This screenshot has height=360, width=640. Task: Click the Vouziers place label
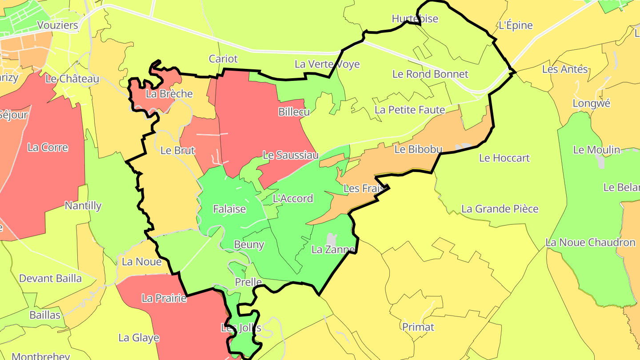58,25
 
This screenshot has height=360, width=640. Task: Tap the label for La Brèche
169,94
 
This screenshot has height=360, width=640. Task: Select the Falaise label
229,209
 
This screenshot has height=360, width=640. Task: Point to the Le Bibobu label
418,149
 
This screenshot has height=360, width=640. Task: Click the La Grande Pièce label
500,209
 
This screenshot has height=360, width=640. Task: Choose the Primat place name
418,327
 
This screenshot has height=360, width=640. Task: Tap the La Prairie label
164,298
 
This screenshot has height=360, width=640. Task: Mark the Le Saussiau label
291,155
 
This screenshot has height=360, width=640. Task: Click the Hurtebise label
415,19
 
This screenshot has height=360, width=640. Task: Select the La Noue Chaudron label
590,243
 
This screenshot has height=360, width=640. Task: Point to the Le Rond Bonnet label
430,74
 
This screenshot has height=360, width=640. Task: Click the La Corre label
48,148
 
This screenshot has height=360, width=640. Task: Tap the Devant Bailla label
50,279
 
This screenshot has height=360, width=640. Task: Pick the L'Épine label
516,25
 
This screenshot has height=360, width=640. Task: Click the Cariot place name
223,59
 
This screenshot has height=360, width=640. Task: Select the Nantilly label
83,206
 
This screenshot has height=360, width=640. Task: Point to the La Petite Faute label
409,109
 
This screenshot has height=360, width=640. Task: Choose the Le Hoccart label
504,158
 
